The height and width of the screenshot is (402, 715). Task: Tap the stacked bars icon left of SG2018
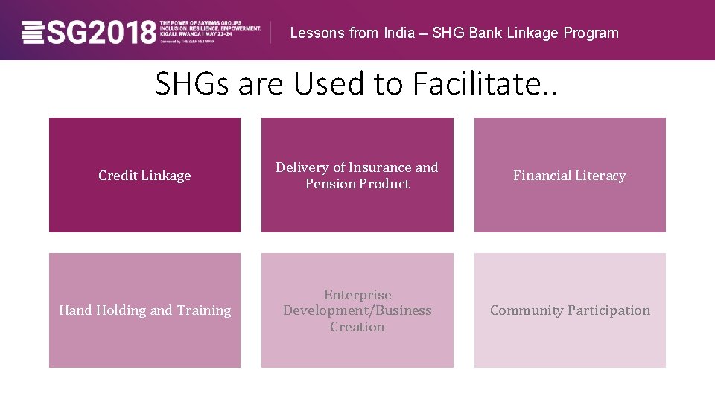click(34, 33)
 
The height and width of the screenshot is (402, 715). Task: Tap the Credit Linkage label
click(144, 176)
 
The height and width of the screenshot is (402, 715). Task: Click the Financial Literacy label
click(570, 176)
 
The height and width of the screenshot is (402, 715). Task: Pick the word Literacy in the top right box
click(598, 176)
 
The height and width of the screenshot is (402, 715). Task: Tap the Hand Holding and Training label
click(144, 310)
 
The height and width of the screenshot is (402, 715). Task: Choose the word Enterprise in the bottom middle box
click(357, 295)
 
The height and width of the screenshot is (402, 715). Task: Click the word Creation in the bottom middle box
click(357, 327)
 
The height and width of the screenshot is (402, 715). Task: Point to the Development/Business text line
click(357, 310)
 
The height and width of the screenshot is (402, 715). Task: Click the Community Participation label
click(570, 310)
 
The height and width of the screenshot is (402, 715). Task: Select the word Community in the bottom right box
click(527, 310)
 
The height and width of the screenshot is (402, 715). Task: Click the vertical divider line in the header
click(270, 33)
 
